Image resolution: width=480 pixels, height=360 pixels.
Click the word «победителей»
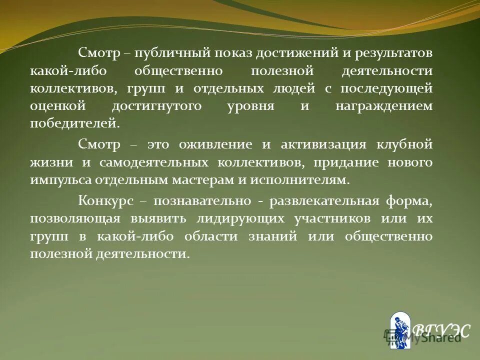coord(74,123)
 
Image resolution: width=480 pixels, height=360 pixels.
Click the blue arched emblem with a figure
coord(399,330)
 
